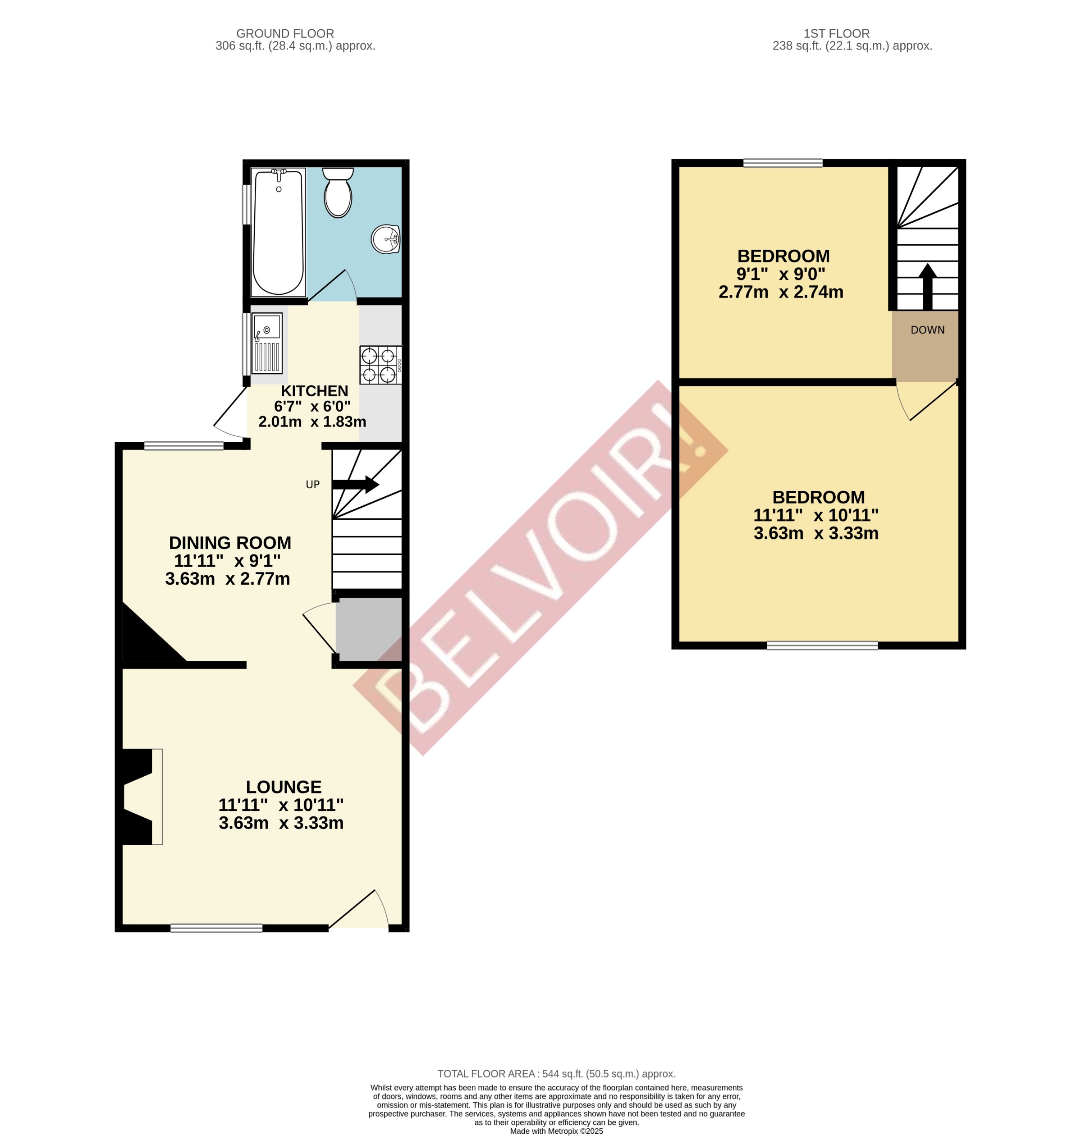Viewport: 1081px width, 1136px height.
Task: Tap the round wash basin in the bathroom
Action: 385,238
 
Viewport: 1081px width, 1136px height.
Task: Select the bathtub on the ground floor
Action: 278,232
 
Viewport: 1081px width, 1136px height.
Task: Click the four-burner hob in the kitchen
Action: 380,365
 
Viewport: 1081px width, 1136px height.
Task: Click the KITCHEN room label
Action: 314,391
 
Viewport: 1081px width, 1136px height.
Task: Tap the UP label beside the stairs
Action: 312,485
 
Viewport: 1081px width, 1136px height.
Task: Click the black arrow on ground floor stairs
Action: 356,485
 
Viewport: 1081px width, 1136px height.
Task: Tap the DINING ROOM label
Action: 230,543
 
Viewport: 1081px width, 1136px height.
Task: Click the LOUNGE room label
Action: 284,787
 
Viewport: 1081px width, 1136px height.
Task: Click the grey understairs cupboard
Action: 369,629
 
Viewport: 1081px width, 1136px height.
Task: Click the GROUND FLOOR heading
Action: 284,33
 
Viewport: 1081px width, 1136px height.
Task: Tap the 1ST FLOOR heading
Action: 836,33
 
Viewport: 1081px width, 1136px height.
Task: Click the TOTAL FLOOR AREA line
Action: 556,1074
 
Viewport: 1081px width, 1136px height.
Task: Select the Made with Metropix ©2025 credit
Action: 556,1131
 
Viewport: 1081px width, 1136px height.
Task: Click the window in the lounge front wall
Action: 216,928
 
